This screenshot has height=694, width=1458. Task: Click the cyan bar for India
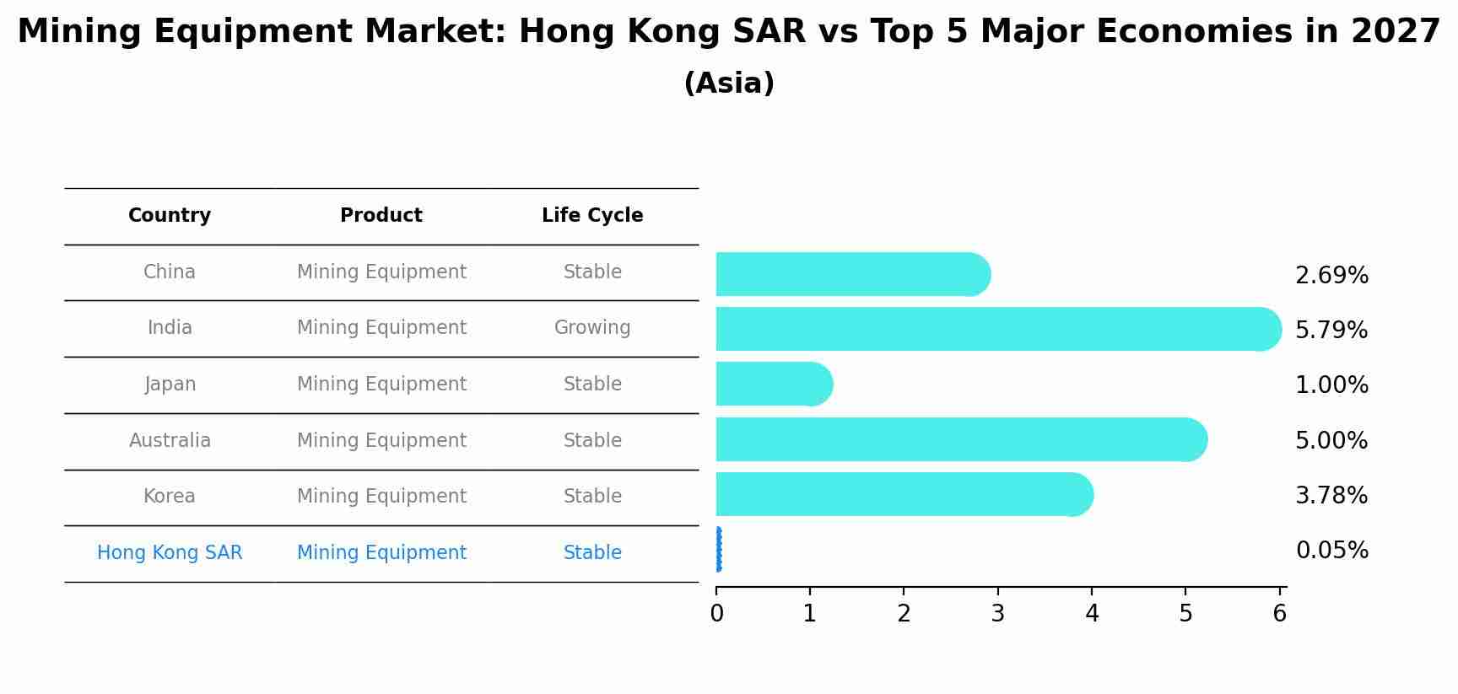[996, 329]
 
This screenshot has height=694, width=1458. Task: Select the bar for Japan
[772, 384]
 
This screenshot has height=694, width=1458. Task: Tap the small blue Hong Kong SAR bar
[718, 550]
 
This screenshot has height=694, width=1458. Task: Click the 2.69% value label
[1331, 276]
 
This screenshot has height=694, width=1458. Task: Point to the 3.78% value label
[1331, 496]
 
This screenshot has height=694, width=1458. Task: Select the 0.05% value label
[1331, 551]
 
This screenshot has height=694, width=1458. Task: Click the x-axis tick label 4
[1092, 614]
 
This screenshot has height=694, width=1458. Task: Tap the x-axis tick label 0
[716, 614]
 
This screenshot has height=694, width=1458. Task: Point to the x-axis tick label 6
[1279, 614]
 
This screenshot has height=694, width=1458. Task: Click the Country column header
[170, 216]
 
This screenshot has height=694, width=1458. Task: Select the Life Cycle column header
[592, 216]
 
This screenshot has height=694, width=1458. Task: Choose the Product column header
[381, 216]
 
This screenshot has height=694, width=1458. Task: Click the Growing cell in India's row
[592, 328]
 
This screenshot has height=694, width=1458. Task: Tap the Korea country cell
[170, 497]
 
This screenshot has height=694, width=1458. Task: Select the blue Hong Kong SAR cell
[170, 553]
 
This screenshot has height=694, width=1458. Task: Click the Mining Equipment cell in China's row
[381, 272]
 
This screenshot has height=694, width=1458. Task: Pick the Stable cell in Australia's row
[592, 441]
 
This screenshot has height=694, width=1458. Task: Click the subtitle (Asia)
[729, 83]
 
